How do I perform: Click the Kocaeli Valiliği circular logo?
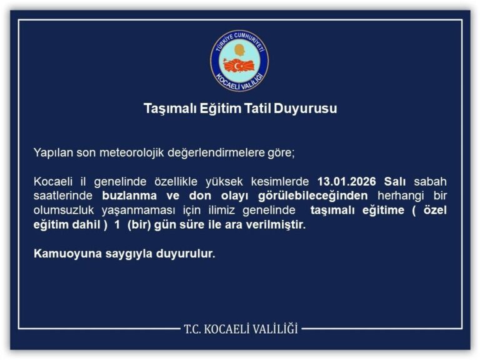click(x=239, y=61)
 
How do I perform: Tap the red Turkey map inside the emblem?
click(x=239, y=64)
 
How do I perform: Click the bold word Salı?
click(x=395, y=182)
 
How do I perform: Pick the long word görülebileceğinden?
click(x=318, y=196)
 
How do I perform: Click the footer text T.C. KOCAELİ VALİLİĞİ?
click(x=240, y=327)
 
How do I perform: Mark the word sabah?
click(x=430, y=182)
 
